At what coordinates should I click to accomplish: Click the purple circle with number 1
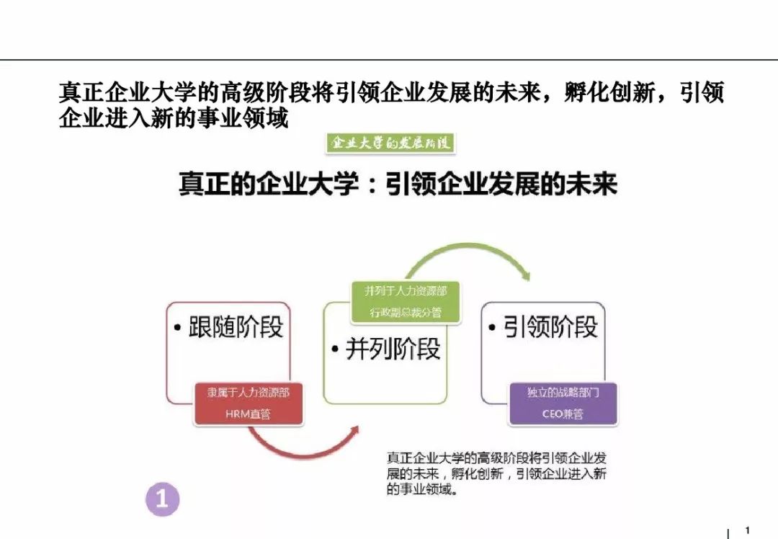pyautogui.click(x=162, y=499)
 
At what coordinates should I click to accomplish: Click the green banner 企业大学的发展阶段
pyautogui.click(x=390, y=143)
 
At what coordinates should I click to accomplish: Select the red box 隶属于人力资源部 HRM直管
pyautogui.click(x=248, y=404)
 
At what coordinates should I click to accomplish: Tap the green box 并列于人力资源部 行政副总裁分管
pyautogui.click(x=406, y=302)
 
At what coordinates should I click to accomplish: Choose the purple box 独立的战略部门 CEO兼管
pyautogui.click(x=563, y=404)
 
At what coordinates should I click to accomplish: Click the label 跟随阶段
pyautogui.click(x=236, y=327)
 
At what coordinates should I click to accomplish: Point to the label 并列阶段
pyautogui.click(x=393, y=349)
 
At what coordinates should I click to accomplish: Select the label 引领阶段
pyautogui.click(x=550, y=327)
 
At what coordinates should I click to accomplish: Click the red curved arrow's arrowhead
pyautogui.click(x=354, y=432)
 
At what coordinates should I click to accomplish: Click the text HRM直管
pyautogui.click(x=248, y=414)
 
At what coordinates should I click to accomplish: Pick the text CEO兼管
pyautogui.click(x=563, y=414)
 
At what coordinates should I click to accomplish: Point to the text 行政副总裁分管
pyautogui.click(x=406, y=313)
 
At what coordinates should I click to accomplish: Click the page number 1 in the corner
pyautogui.click(x=748, y=530)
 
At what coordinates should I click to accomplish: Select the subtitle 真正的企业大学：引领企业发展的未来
pyautogui.click(x=398, y=184)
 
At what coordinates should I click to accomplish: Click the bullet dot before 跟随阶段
pyautogui.click(x=178, y=328)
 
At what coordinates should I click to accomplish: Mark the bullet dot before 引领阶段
pyautogui.click(x=492, y=328)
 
